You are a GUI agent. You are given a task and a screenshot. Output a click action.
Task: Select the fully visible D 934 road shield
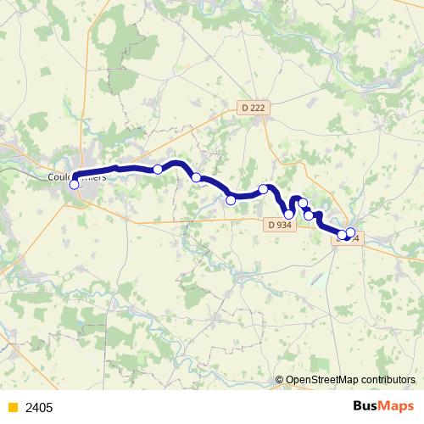click(x=277, y=225)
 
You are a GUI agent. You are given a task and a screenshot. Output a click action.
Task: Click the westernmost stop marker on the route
click(x=74, y=184)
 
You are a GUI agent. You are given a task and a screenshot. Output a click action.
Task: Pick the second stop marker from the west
click(x=158, y=170)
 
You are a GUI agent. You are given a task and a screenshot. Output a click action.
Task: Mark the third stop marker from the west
click(x=196, y=177)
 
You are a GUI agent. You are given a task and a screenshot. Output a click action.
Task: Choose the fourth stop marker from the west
click(x=231, y=200)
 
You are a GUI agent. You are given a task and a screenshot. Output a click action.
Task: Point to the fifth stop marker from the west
click(x=264, y=189)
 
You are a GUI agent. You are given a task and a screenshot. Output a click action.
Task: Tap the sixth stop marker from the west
click(x=289, y=214)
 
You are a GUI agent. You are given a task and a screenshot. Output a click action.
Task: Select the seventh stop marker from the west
click(x=303, y=204)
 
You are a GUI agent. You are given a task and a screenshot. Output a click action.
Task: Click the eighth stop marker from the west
click(x=309, y=215)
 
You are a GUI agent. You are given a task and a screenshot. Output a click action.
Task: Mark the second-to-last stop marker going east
click(x=343, y=235)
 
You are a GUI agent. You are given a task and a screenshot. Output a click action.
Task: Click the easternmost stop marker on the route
click(x=350, y=232)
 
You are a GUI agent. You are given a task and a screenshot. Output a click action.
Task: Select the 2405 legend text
click(x=39, y=408)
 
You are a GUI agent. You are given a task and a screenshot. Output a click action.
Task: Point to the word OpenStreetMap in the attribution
click(x=322, y=381)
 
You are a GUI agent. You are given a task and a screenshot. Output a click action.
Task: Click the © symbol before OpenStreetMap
click(x=280, y=381)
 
